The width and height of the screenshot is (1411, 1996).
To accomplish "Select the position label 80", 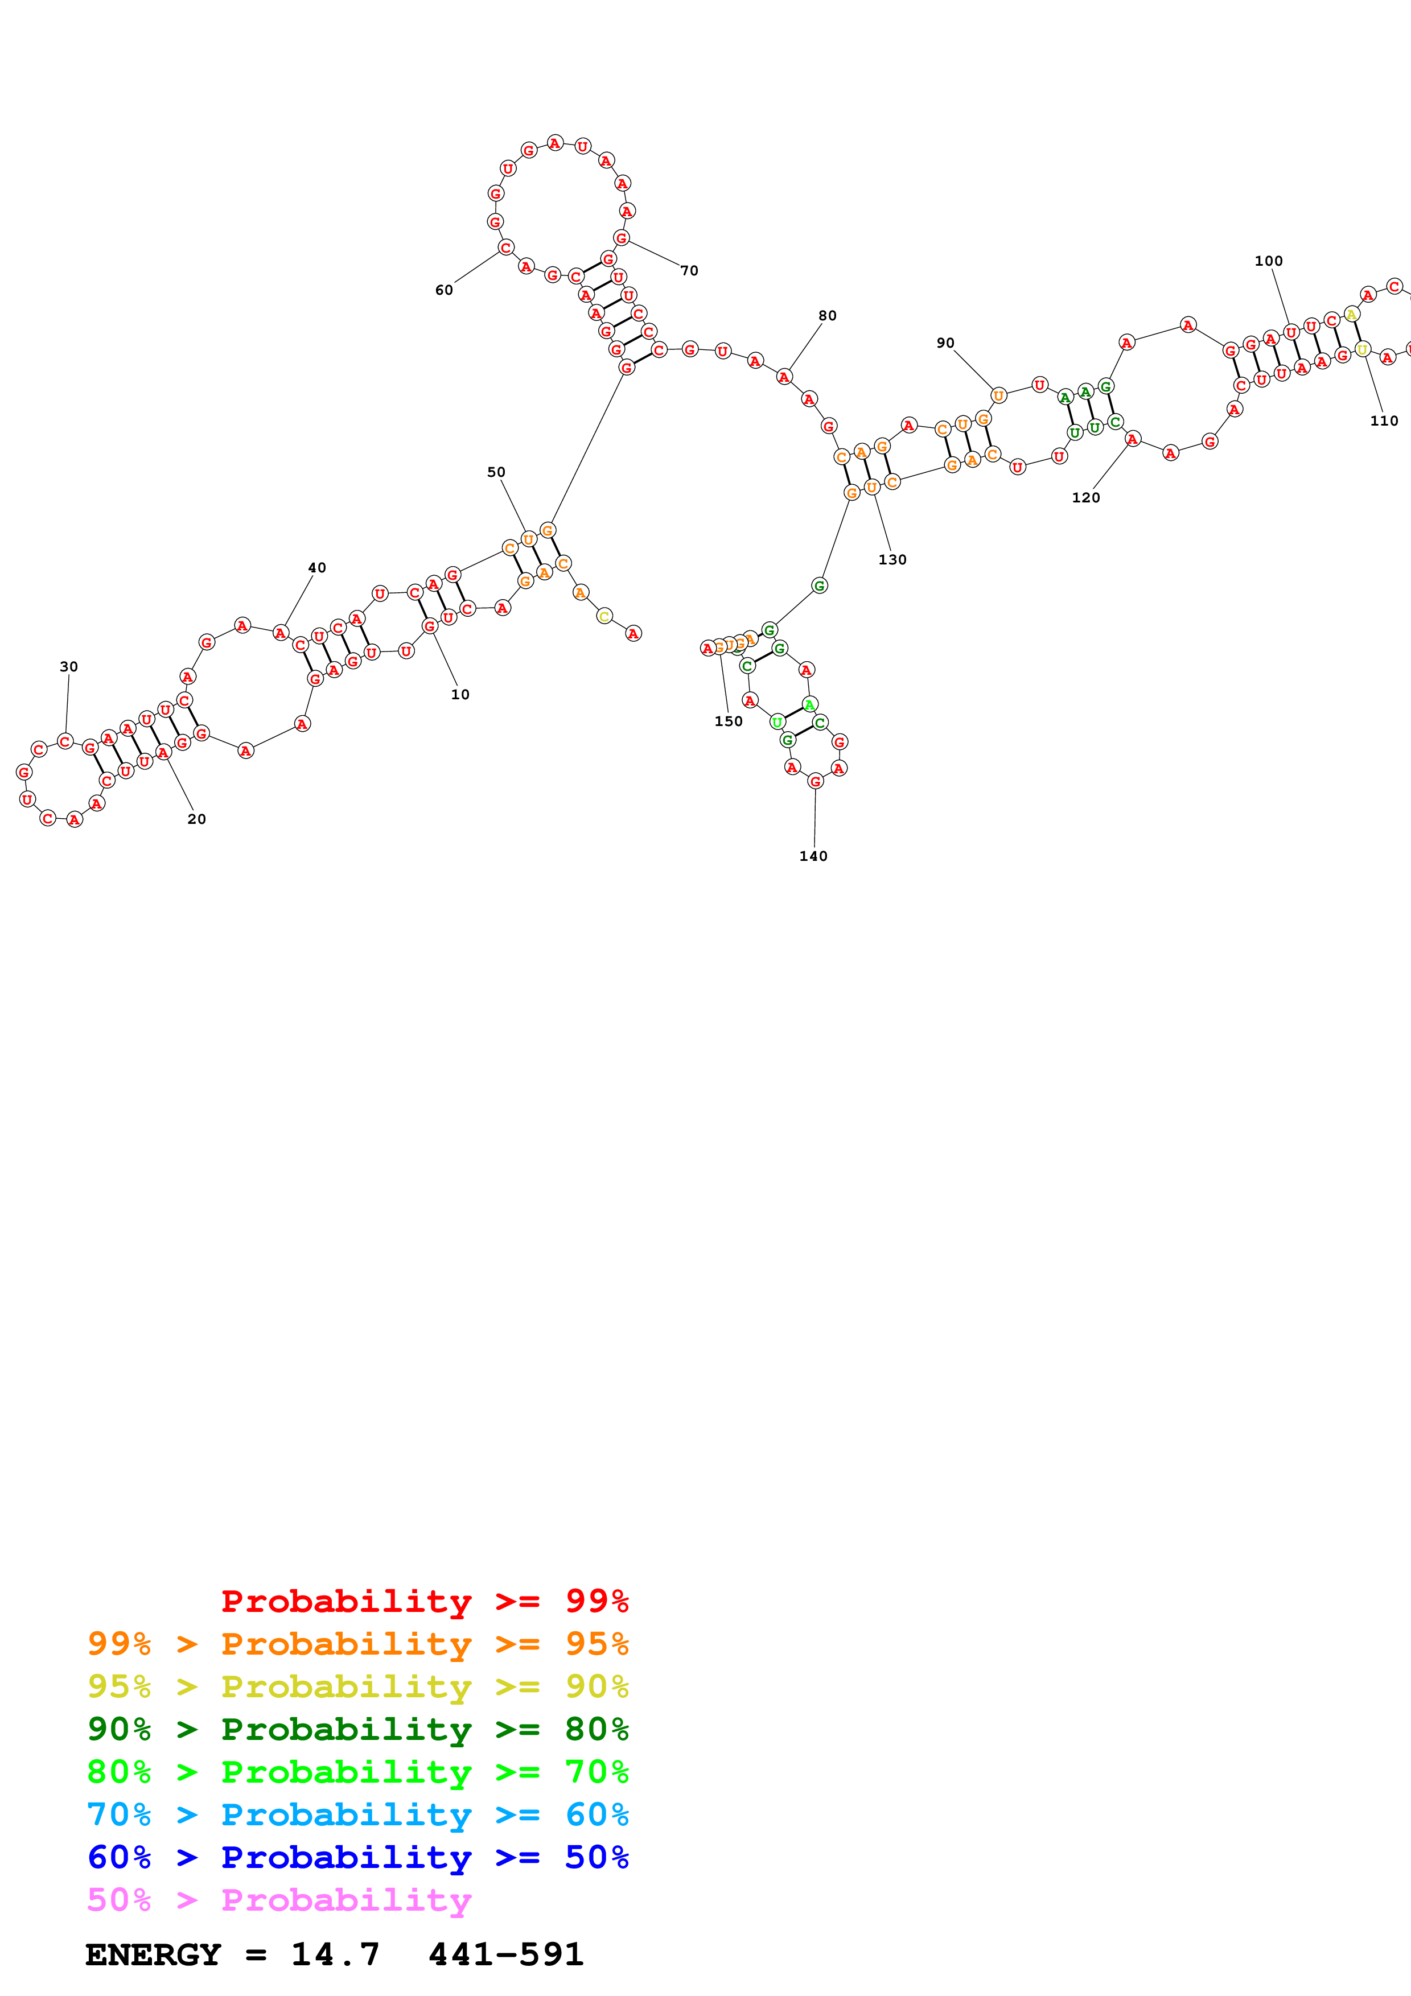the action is [828, 316].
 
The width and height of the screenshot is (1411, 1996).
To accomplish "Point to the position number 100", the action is [1269, 261].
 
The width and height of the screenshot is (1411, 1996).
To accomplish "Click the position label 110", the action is [1384, 420].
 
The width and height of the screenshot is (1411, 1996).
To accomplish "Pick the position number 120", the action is [1086, 497].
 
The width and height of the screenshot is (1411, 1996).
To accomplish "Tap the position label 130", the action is [892, 560].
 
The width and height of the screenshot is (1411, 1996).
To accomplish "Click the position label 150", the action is [729, 721].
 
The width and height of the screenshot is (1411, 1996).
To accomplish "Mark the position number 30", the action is [69, 667].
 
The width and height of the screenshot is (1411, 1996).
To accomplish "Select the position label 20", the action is [196, 819].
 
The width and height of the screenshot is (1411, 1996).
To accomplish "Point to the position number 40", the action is [318, 568].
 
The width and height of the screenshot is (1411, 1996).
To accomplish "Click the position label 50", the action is [496, 472].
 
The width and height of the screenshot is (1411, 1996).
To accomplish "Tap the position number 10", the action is [460, 695].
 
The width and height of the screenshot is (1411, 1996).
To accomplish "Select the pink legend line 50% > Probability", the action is [279, 1900].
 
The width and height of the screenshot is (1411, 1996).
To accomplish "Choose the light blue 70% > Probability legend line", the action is [357, 1815].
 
